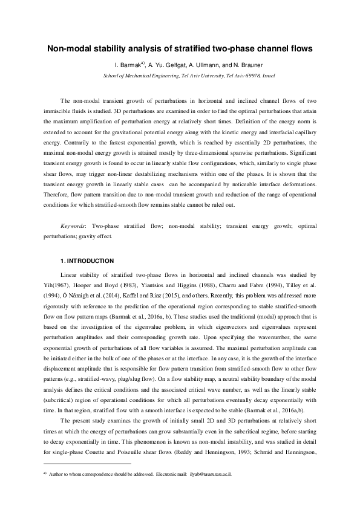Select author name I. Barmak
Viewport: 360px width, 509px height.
point(128,65)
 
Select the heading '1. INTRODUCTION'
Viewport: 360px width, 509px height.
point(87,261)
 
